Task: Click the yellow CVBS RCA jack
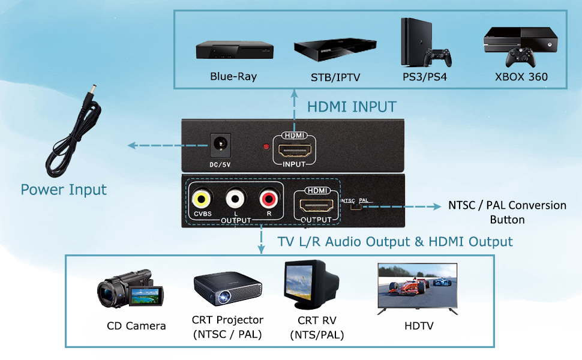(x=201, y=199)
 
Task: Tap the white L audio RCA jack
(x=235, y=199)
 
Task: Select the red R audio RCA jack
(x=269, y=199)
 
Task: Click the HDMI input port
(x=295, y=151)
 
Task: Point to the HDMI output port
(x=316, y=206)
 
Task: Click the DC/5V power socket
(x=220, y=145)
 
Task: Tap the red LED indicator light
(x=266, y=147)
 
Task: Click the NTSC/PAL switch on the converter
(x=356, y=206)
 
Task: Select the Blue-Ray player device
(x=235, y=50)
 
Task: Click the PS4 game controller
(x=438, y=58)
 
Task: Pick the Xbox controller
(x=521, y=57)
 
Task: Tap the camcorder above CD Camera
(x=130, y=289)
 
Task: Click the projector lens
(x=224, y=297)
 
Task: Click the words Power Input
(x=64, y=190)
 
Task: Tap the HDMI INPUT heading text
(x=352, y=107)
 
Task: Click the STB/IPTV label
(x=335, y=77)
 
